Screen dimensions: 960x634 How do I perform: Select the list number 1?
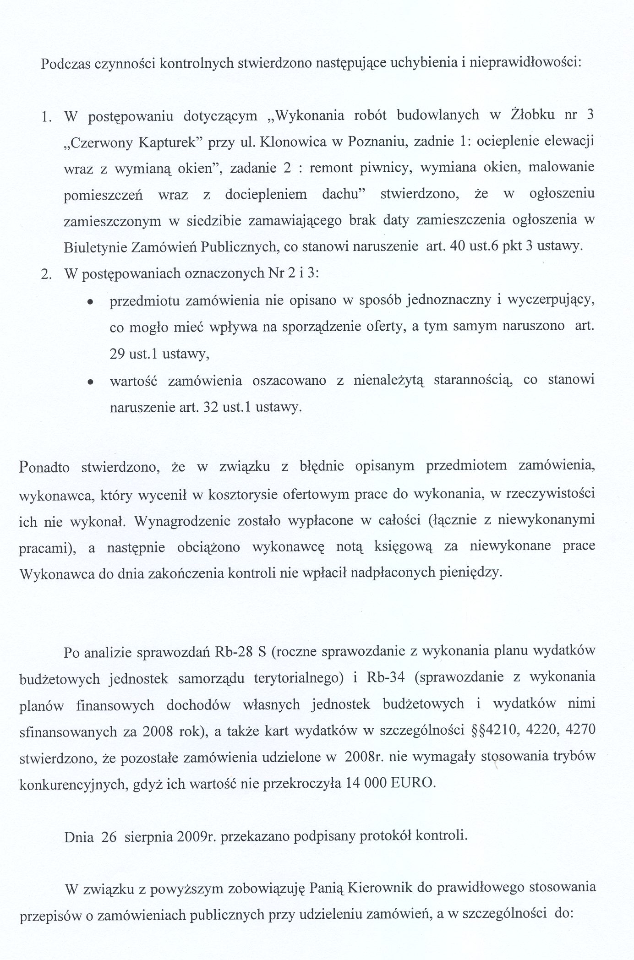[x=45, y=117]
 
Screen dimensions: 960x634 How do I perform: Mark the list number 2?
[x=45, y=274]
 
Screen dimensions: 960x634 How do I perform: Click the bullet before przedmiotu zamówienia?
[x=91, y=302]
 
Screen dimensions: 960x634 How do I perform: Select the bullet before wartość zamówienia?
[x=91, y=381]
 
